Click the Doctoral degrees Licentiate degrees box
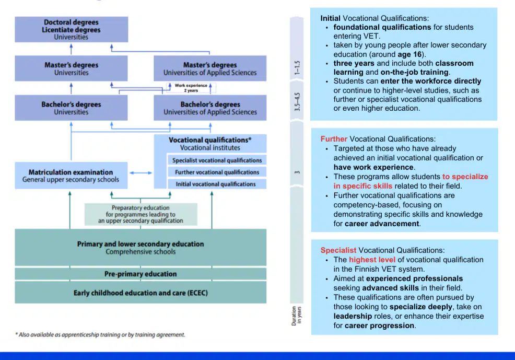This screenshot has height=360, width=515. click(x=71, y=30)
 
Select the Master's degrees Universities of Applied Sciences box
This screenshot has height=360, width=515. click(x=210, y=68)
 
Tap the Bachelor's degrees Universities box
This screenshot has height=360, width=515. click(x=71, y=108)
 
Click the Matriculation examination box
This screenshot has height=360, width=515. click(x=71, y=176)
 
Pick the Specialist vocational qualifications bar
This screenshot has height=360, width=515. click(x=217, y=160)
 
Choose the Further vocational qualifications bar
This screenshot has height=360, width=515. click(x=217, y=172)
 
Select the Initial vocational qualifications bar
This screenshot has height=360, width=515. click(x=217, y=184)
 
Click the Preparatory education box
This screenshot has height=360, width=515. click(x=141, y=214)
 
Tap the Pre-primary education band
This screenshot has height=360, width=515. click(x=141, y=274)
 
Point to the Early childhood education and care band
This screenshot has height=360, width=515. click(x=141, y=293)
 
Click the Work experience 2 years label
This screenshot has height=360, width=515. click(x=191, y=88)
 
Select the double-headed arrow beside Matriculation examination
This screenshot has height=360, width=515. click(x=141, y=173)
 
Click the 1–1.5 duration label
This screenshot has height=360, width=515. click(x=297, y=68)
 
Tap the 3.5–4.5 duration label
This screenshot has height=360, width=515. click(x=297, y=102)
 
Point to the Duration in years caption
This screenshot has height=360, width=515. click(x=297, y=316)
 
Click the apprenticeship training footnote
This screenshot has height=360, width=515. click(x=100, y=335)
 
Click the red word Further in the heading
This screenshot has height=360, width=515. click(x=334, y=139)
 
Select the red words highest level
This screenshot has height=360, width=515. click(x=372, y=260)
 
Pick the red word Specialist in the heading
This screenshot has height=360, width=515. click(x=338, y=250)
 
